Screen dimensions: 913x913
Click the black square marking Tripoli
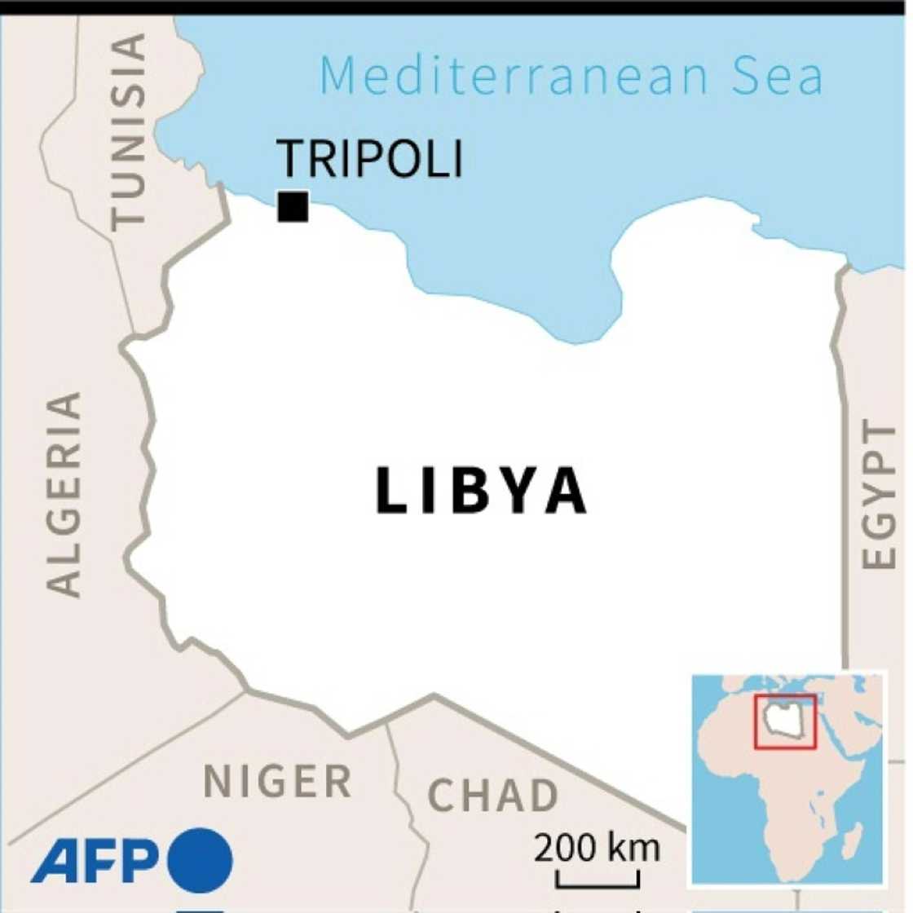point(293,206)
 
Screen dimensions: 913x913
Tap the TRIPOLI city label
point(369,159)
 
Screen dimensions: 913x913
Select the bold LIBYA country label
point(481,492)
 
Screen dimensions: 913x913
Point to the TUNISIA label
point(129,130)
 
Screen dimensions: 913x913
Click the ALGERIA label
point(64,494)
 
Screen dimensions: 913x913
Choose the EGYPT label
point(878,495)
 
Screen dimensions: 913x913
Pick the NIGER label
point(277,782)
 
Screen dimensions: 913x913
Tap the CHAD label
point(493,796)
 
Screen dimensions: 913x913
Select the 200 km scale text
point(597,849)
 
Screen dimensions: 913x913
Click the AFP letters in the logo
point(95,862)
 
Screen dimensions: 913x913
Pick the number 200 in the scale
point(566,849)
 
